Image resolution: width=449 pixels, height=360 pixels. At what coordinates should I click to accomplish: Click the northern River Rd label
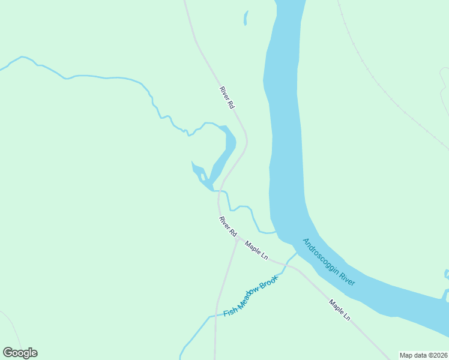(x=226, y=97)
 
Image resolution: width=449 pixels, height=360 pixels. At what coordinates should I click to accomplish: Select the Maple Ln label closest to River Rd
(x=256, y=250)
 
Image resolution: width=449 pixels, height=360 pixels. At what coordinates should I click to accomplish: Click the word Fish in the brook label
(x=231, y=311)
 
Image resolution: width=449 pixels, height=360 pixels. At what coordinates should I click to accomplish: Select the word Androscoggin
(x=321, y=257)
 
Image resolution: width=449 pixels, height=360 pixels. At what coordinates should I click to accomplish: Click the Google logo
(x=20, y=353)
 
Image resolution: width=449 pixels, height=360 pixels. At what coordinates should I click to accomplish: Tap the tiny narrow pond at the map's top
(x=246, y=19)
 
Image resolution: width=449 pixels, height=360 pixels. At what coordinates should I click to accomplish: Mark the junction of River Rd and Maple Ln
(x=238, y=239)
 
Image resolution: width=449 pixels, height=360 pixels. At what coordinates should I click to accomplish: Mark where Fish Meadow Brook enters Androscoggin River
(x=297, y=253)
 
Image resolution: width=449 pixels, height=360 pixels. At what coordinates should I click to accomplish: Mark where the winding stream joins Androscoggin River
(x=276, y=231)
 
